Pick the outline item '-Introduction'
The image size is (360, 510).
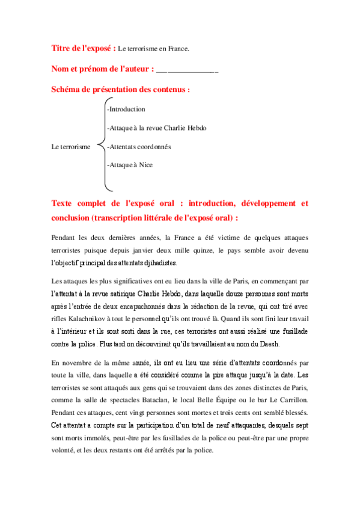[x=126, y=109]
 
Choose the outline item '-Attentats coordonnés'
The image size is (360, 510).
[x=139, y=146]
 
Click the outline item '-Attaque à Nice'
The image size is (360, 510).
[x=129, y=164]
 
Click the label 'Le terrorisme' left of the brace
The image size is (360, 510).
[x=72, y=146]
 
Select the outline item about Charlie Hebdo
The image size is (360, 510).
[x=156, y=128]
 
